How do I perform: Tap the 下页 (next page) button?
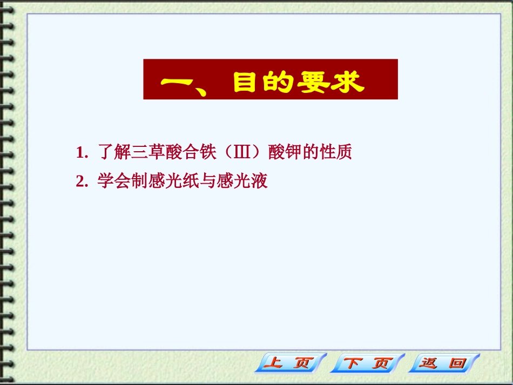(x=367, y=363)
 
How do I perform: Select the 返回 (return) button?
(x=444, y=363)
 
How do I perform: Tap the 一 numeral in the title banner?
(x=178, y=83)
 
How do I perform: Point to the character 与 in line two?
(x=208, y=181)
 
